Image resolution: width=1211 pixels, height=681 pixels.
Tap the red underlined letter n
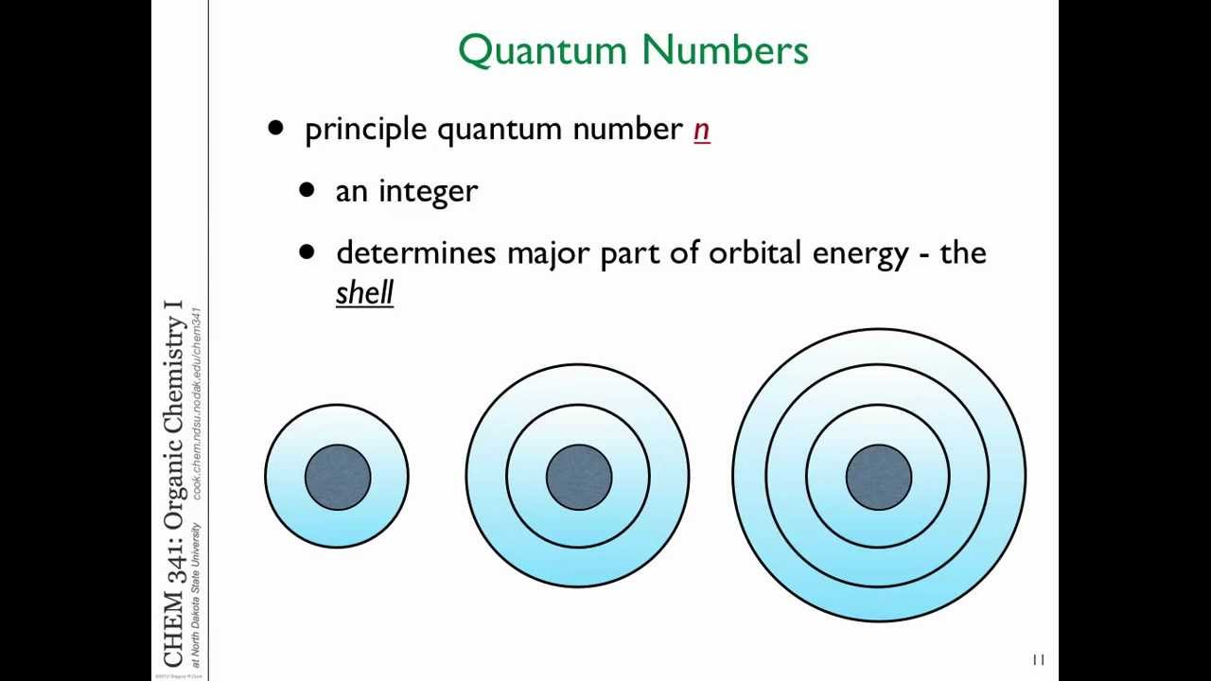click(x=701, y=130)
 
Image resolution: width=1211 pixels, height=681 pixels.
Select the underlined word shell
click(x=364, y=292)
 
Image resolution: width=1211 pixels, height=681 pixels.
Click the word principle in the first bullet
click(x=365, y=130)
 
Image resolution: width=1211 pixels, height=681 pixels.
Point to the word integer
click(x=428, y=192)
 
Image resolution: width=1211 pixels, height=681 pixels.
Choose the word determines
click(x=416, y=253)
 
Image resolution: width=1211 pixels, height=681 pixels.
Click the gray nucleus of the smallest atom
click(x=338, y=477)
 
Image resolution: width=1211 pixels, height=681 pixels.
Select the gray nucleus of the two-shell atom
click(x=578, y=477)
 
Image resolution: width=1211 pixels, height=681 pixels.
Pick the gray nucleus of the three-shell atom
click(x=879, y=477)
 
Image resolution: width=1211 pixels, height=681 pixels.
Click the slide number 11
click(x=1038, y=660)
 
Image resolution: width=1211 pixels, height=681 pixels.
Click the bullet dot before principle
click(x=275, y=128)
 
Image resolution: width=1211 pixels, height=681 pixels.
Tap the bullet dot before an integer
click(x=306, y=190)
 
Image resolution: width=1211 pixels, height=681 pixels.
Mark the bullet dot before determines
click(x=306, y=252)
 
